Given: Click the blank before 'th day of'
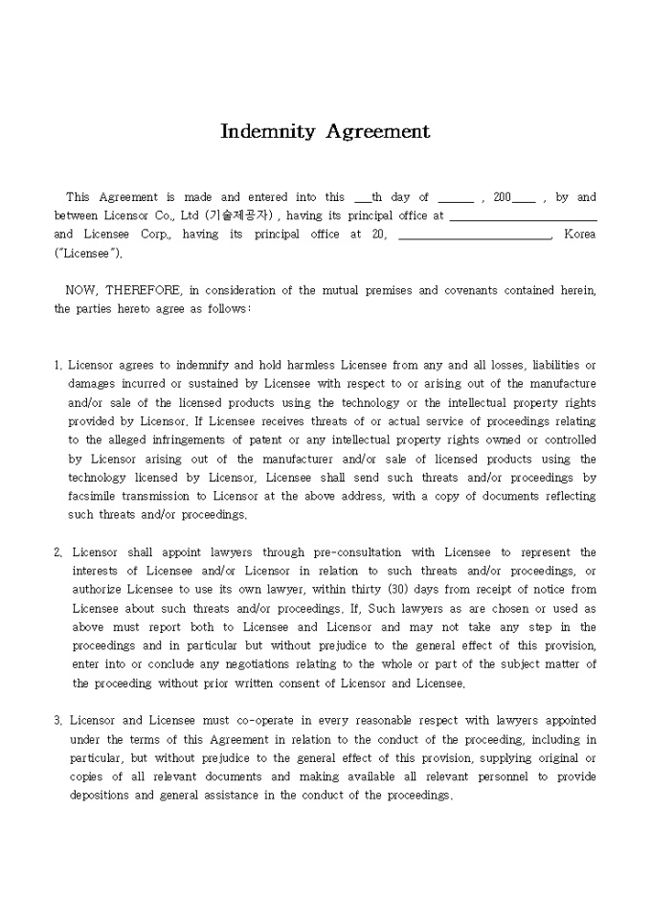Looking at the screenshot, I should pyautogui.click(x=362, y=199).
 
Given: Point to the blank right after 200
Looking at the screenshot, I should pyautogui.click(x=524, y=199).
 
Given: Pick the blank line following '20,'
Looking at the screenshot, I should pyautogui.click(x=474, y=236).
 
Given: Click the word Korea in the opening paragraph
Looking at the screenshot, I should pyautogui.click(x=579, y=234).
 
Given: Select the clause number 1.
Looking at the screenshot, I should pyautogui.click(x=58, y=365).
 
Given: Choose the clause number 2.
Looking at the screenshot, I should pyautogui.click(x=58, y=552).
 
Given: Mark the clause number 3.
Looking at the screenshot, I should pyautogui.click(x=58, y=720).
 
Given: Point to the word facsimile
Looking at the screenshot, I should pyautogui.click(x=93, y=496).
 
